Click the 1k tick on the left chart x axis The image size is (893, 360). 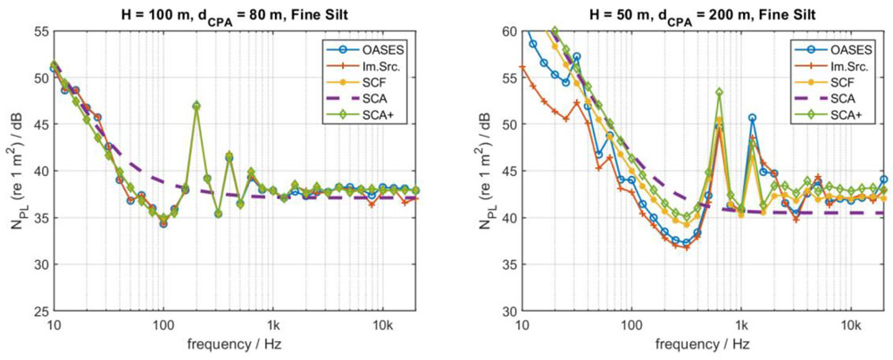pos(273,322)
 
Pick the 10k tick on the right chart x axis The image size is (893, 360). pos(853,322)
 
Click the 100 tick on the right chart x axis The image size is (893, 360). pos(632,322)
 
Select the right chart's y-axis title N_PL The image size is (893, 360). pos(486,172)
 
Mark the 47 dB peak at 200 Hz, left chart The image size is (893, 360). pos(196,105)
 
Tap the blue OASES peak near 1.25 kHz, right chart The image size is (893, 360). pos(752,118)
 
